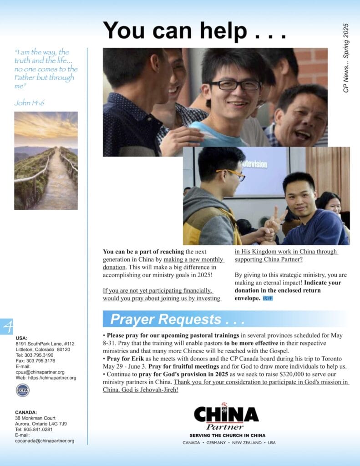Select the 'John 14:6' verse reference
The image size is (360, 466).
click(29, 103)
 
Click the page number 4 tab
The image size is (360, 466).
click(7, 326)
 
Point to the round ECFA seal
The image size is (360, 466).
click(22, 390)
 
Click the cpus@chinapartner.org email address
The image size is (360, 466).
click(40, 372)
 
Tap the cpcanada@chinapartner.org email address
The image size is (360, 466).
click(45, 441)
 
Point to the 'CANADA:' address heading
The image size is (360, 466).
click(26, 412)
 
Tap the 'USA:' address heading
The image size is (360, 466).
click(21, 338)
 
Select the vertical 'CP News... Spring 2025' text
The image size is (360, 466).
click(346, 58)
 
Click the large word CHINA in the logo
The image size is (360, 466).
click(226, 415)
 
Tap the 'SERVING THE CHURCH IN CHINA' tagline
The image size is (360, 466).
click(227, 436)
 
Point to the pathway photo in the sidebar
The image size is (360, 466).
click(46, 161)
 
